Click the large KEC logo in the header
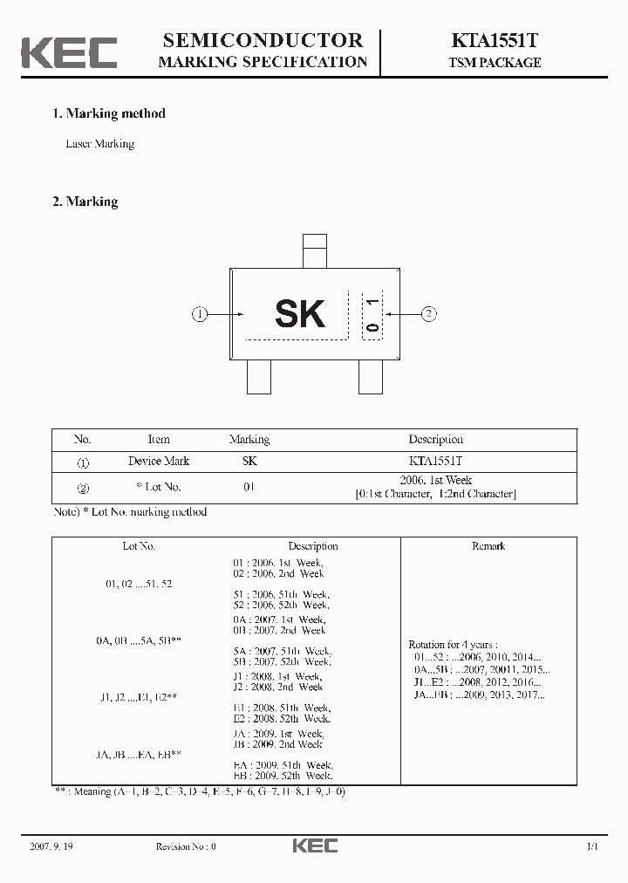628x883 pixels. click(69, 51)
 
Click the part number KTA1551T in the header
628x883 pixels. click(495, 41)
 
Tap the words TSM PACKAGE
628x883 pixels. click(495, 63)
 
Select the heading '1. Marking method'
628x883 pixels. click(109, 113)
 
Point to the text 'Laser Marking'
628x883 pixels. click(100, 144)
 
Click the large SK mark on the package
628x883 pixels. click(299, 314)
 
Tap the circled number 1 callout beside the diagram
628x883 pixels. click(200, 314)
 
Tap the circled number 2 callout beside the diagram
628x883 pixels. click(428, 314)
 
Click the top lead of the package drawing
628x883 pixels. click(313, 251)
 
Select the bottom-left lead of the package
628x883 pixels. click(259, 377)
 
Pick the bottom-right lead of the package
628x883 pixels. click(371, 377)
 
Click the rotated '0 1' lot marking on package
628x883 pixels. click(372, 315)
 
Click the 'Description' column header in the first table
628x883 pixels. click(435, 440)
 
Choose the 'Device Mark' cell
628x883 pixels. click(159, 461)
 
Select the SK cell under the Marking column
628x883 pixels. click(249, 461)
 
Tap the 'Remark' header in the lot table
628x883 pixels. click(488, 546)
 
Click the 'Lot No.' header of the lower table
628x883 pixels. click(139, 546)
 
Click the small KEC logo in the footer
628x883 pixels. click(314, 845)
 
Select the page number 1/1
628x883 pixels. click(592, 846)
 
